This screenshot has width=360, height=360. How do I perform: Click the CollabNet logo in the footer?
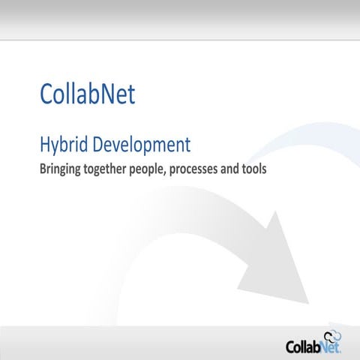[313, 346]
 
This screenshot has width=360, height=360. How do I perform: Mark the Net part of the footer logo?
[331, 347]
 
